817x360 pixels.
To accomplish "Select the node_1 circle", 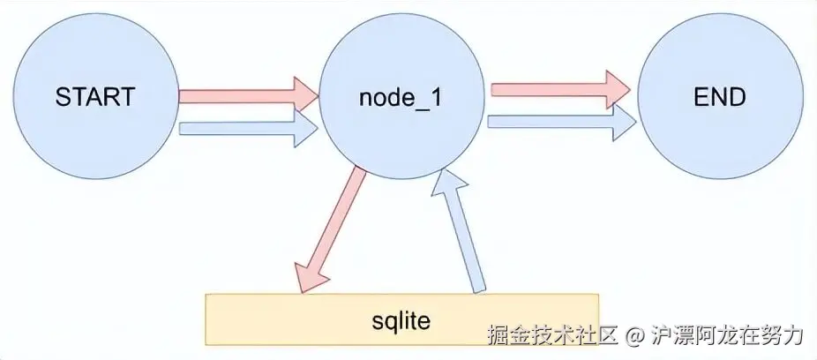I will point(402,97).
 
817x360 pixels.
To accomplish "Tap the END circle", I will point(720,97).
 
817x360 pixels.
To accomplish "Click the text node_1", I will point(401,98).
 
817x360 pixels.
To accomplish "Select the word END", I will point(720,97).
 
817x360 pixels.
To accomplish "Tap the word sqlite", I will point(401,319).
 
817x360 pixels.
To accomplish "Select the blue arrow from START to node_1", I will point(247,130).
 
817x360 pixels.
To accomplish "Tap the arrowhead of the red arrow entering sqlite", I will point(311,275).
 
